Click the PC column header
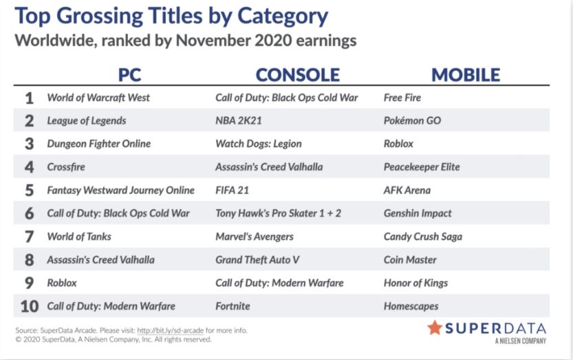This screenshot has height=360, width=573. [129, 75]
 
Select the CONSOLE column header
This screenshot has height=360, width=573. [297, 75]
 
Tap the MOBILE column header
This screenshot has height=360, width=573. [466, 75]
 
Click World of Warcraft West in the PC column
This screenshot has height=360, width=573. [98, 98]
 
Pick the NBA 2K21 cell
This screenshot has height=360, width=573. [239, 120]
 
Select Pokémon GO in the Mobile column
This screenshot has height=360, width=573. [412, 120]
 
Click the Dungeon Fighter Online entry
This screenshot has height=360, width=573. [98, 144]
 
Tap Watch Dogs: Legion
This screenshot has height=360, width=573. [259, 144]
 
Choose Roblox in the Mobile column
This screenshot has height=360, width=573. [398, 144]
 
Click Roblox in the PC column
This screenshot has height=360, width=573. [62, 283]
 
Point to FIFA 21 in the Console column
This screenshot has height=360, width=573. [232, 190]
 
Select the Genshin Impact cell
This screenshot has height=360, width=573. [418, 213]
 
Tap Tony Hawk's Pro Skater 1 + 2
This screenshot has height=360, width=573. [278, 213]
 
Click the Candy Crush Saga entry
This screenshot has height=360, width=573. [423, 237]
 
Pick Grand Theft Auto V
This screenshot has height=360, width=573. [257, 260]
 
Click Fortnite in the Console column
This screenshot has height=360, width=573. [233, 306]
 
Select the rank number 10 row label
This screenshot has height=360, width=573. [29, 306]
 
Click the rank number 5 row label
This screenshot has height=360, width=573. [29, 191]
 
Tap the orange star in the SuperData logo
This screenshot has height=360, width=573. [435, 328]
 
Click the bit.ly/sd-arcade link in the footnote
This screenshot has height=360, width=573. [171, 330]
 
